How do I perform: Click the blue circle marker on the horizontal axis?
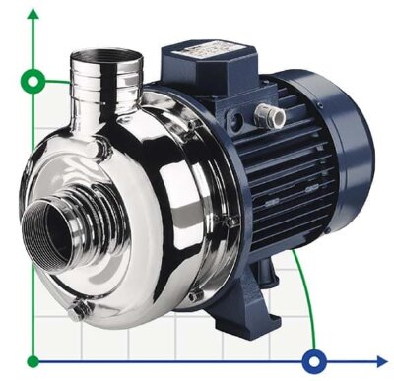click(x=314, y=360)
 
